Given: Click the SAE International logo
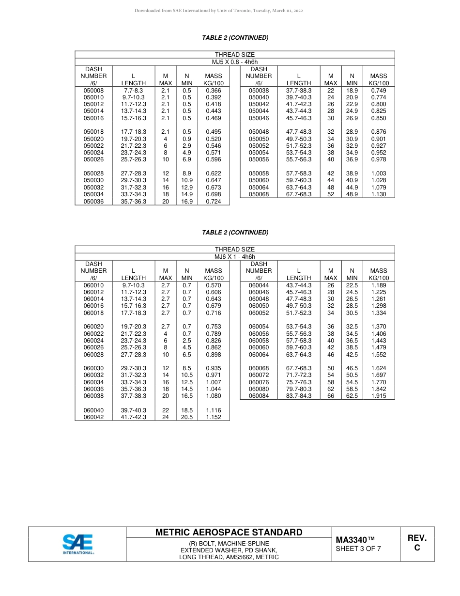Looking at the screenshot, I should [x=77, y=544].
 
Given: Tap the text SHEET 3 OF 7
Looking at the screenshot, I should [x=358, y=549].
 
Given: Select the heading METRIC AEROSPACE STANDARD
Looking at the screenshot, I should [x=229, y=533].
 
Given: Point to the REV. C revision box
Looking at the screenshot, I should [x=416, y=543].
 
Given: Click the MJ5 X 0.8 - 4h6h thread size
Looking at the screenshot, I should [x=235, y=62].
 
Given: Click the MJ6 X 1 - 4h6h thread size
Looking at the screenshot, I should [x=235, y=257].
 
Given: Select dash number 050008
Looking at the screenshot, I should [x=93, y=91].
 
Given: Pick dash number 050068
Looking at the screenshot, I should [x=259, y=194].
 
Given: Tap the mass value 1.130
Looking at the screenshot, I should [x=378, y=194].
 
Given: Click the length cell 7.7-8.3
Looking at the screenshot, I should [x=133, y=91].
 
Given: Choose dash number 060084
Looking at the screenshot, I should [x=259, y=396].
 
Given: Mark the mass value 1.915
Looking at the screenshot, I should [x=378, y=396].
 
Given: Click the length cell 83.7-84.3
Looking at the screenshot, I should [x=299, y=396].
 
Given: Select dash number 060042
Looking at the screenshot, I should [x=93, y=417].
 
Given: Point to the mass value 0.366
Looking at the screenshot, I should [x=213, y=91].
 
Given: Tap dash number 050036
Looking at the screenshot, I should [x=93, y=202].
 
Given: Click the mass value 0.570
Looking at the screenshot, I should [x=213, y=285].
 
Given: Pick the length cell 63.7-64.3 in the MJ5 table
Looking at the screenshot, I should [x=299, y=188].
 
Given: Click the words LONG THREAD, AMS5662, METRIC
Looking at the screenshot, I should [x=229, y=557].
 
